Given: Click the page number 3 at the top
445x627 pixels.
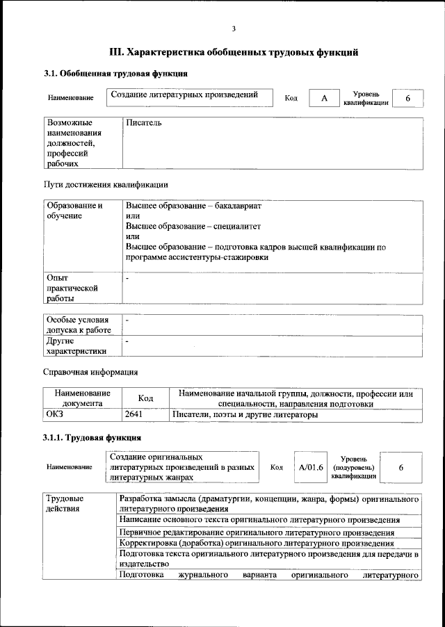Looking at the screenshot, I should (x=234, y=28).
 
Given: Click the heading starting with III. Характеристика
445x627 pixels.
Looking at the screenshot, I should (x=234, y=52).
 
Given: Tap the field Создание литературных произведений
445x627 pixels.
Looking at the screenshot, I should (x=189, y=96).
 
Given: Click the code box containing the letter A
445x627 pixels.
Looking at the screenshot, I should (x=323, y=99).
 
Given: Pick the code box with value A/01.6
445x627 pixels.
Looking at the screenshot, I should (x=311, y=467).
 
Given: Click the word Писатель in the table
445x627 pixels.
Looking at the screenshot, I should (x=144, y=123).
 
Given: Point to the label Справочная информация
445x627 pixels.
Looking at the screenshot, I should (x=90, y=372).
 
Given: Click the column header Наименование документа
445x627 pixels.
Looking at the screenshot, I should (x=83, y=398).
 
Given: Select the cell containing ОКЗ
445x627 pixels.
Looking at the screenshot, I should (x=56, y=415).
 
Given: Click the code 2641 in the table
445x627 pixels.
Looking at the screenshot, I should (x=133, y=415).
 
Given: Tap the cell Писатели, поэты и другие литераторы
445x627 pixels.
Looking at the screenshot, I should (x=245, y=415).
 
